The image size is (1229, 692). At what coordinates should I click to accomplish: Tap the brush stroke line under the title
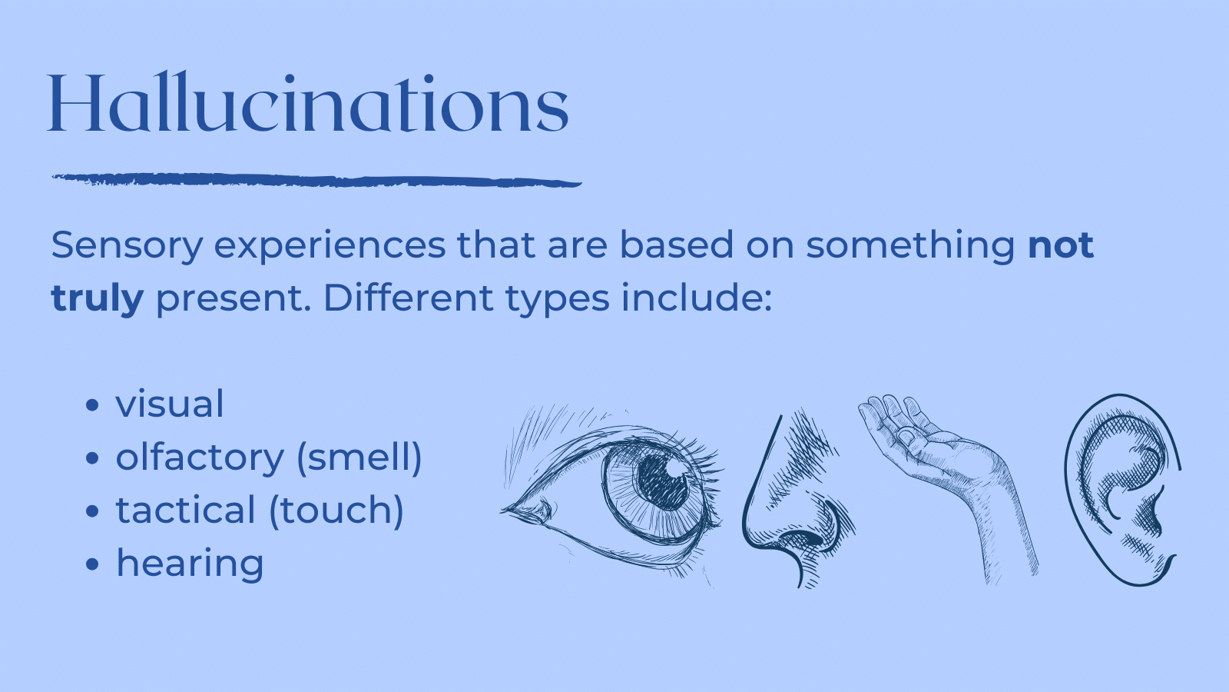(x=315, y=181)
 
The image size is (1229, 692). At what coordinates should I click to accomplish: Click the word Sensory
(x=127, y=246)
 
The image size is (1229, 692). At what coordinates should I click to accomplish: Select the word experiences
(x=330, y=246)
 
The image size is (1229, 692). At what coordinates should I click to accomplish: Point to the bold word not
(x=1060, y=245)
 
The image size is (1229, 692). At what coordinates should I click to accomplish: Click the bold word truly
(x=97, y=298)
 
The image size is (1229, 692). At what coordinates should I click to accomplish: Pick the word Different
(x=408, y=298)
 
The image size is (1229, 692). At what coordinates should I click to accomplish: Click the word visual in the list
(x=170, y=404)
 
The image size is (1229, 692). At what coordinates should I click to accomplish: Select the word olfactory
(x=200, y=457)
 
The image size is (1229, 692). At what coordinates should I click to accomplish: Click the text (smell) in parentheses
(x=359, y=457)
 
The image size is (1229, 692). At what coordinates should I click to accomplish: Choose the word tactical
(x=186, y=511)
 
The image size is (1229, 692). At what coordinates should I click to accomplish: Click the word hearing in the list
(x=190, y=564)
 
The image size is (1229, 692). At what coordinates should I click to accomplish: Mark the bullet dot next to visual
(x=93, y=405)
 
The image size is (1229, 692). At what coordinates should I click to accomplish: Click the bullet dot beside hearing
(x=93, y=564)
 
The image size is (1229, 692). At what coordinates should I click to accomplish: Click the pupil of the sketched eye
(x=662, y=481)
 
